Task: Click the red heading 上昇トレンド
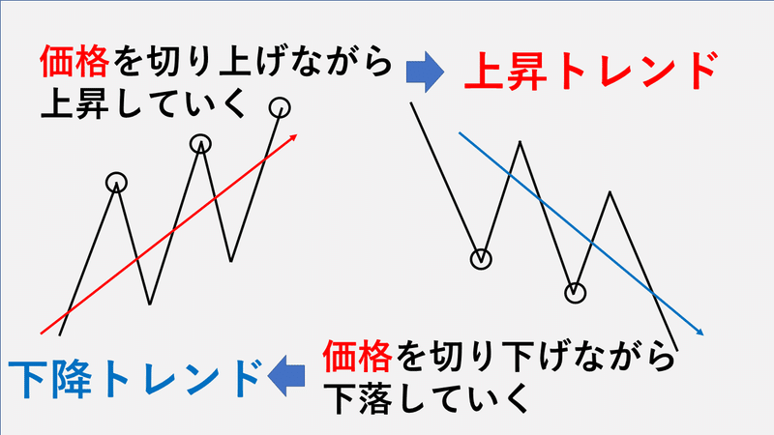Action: point(590,71)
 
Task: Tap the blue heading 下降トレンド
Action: point(134,379)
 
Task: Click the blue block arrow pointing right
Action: point(425,72)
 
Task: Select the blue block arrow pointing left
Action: point(286,376)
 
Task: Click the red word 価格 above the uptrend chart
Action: point(74,62)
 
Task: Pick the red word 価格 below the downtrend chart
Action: point(357,356)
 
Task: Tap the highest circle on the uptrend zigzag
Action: point(280,107)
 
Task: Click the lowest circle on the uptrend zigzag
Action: point(116,183)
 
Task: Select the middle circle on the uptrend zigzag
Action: point(200,144)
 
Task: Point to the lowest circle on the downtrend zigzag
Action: point(575,293)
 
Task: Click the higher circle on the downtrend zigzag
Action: point(481,258)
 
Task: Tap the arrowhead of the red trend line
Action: point(294,136)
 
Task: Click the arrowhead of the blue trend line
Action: point(700,332)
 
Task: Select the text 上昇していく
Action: point(143,103)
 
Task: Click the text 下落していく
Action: point(427,397)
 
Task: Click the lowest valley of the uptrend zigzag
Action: point(150,304)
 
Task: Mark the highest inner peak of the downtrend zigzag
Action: point(520,142)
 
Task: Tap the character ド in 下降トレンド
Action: point(246,379)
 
